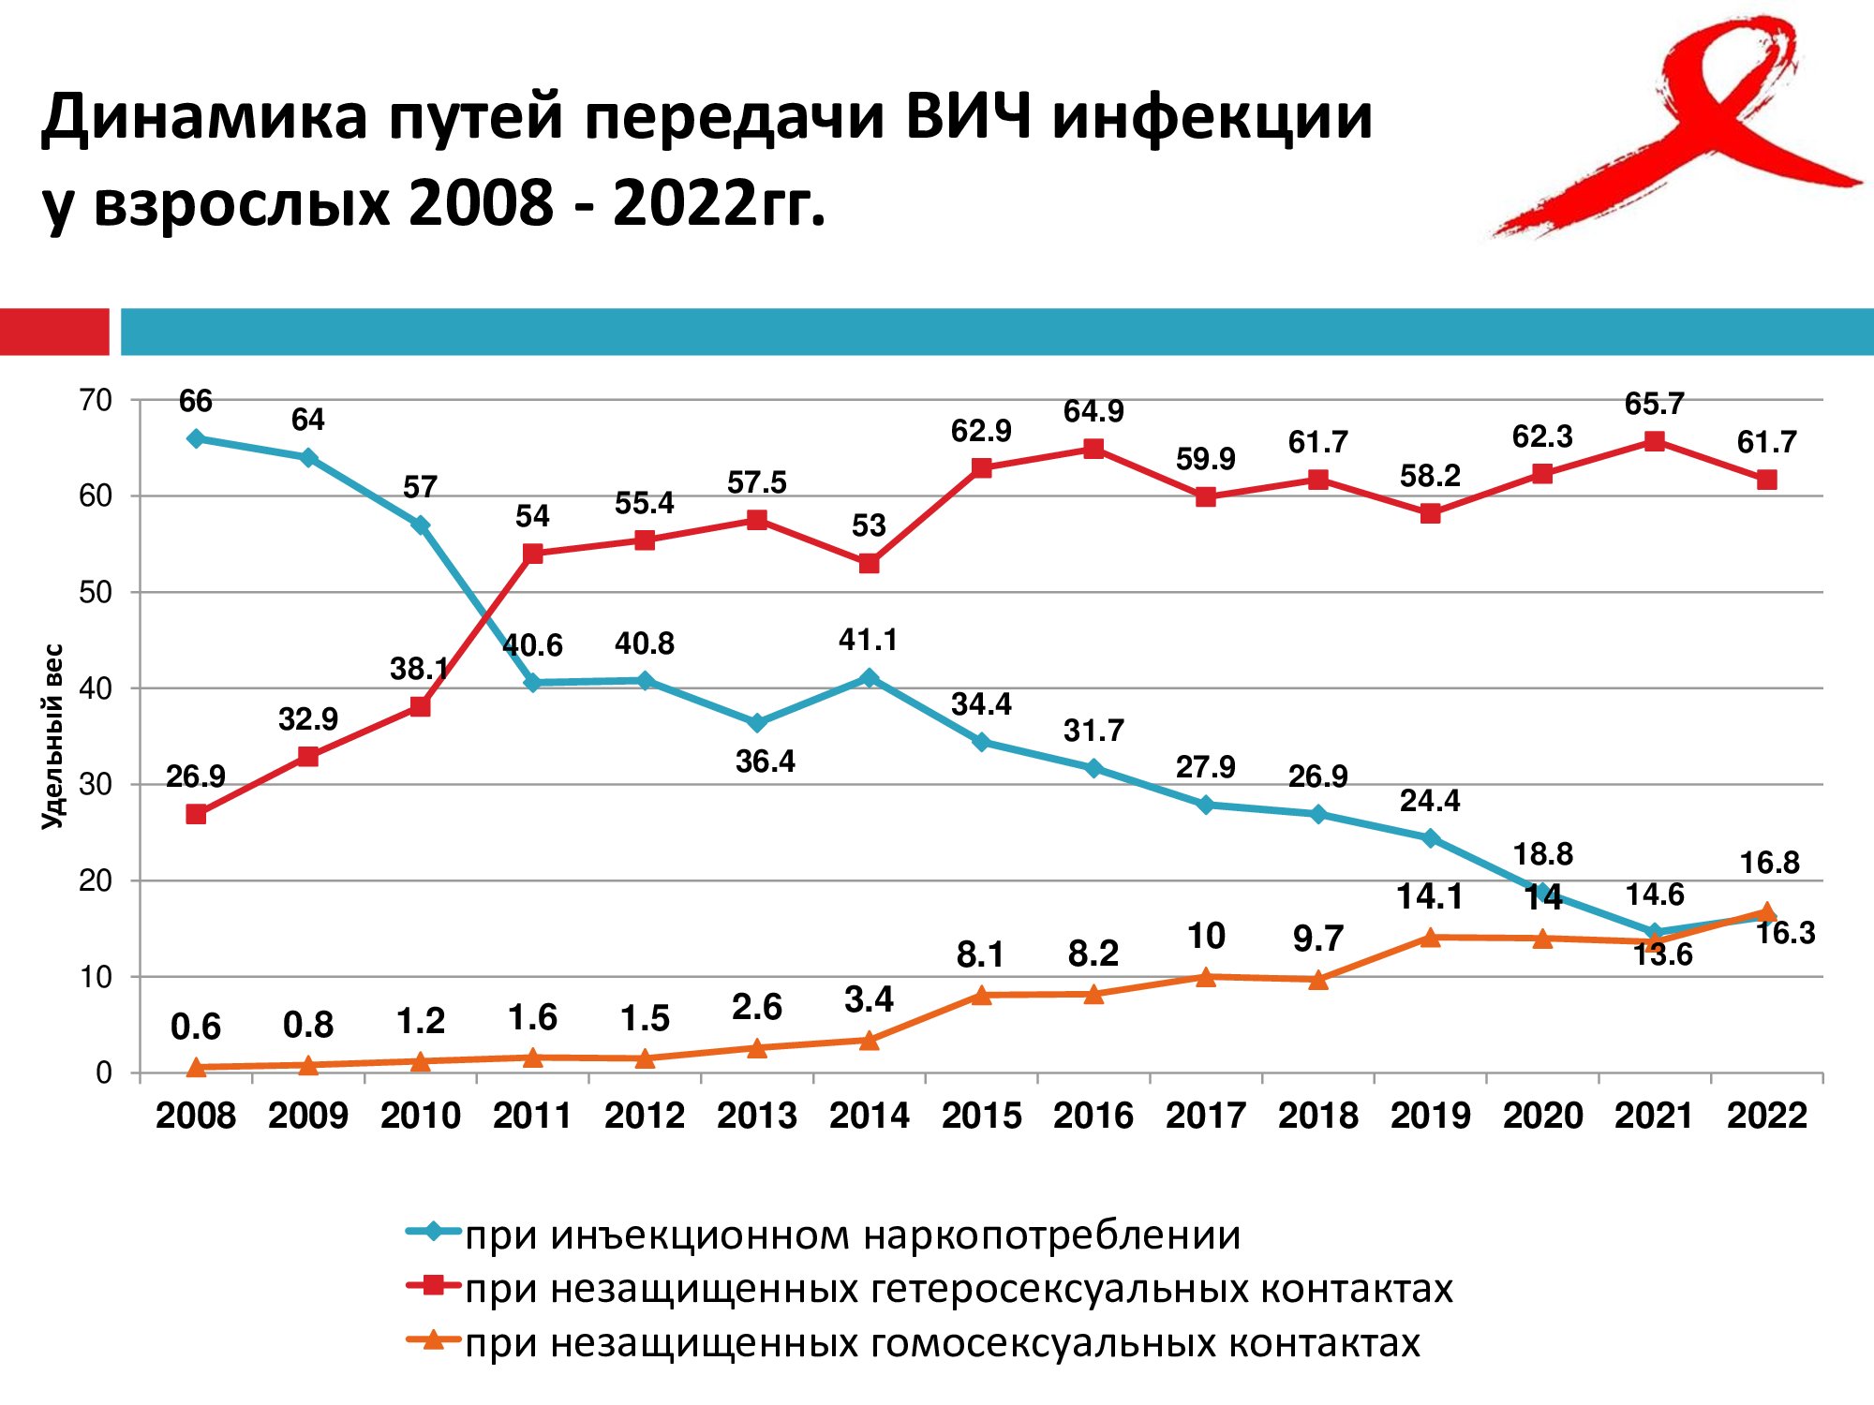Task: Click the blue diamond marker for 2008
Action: coord(196,438)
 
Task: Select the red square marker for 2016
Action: coord(1093,449)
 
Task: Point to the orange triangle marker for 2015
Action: coord(981,995)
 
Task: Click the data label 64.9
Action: coord(1093,411)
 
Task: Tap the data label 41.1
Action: coord(869,640)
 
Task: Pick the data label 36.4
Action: coord(765,762)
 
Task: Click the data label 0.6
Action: coord(196,1028)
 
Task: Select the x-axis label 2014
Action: coord(869,1116)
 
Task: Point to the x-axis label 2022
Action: coord(1766,1116)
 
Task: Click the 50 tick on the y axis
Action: coord(96,592)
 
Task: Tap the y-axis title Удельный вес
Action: coord(53,735)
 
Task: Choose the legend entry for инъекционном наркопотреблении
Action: coord(853,1235)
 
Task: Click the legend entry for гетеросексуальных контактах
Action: coord(959,1289)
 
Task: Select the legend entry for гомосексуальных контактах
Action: coord(942,1343)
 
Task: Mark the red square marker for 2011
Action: coord(532,554)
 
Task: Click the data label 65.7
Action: coord(1654,404)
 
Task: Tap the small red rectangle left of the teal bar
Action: coord(54,332)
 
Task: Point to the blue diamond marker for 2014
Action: coord(869,677)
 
